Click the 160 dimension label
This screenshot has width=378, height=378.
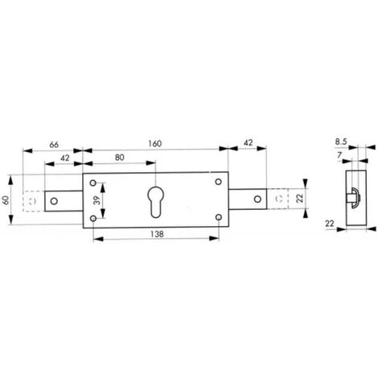pyautogui.click(x=155, y=143)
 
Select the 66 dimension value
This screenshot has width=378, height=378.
pyautogui.click(x=54, y=145)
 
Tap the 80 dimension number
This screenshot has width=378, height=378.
pyautogui.click(x=120, y=158)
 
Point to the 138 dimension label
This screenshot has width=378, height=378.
pyautogui.click(x=157, y=234)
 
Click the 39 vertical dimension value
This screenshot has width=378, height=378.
pyautogui.click(x=97, y=200)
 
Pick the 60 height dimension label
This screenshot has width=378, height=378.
pyautogui.click(x=6, y=200)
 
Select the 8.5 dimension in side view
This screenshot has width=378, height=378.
pyautogui.click(x=341, y=142)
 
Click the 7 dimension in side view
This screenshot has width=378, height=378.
pyautogui.click(x=339, y=154)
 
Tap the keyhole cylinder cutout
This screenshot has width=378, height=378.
pyautogui.click(x=155, y=202)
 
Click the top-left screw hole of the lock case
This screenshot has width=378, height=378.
pyautogui.click(x=93, y=183)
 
